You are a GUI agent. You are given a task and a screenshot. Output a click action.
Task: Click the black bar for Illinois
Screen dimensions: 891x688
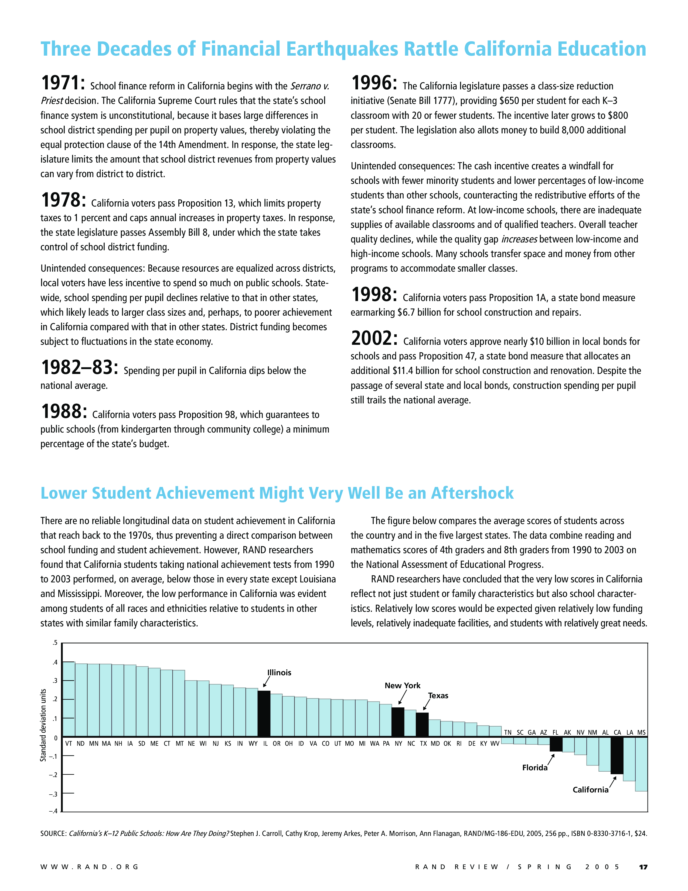(x=264, y=714)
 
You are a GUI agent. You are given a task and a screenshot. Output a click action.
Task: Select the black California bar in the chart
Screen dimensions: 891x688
(x=617, y=755)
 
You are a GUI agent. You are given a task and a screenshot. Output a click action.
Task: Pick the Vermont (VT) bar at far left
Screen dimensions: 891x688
(x=69, y=699)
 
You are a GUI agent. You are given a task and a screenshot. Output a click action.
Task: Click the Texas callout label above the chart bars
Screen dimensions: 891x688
(x=438, y=696)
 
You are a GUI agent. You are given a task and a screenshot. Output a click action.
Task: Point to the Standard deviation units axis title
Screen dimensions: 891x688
(x=43, y=725)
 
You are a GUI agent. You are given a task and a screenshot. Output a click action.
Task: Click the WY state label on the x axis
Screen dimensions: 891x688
(x=253, y=744)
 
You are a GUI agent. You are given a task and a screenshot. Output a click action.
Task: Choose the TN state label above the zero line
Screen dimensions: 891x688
(x=508, y=732)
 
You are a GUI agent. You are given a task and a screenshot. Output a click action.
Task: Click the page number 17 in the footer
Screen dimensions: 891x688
(x=643, y=867)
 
